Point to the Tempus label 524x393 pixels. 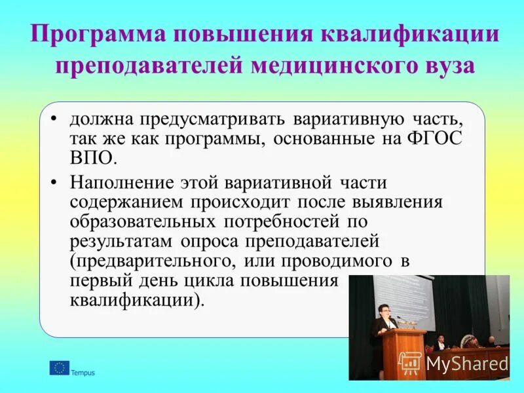(x=83, y=373)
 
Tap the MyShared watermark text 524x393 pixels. (x=466, y=364)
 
